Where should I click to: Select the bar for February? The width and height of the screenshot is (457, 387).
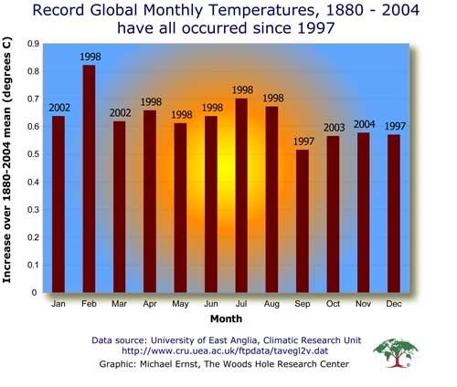click(x=89, y=179)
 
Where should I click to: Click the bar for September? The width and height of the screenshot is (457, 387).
click(x=303, y=221)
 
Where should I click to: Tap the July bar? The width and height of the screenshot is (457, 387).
click(x=241, y=195)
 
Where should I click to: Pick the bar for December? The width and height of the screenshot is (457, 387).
click(x=394, y=214)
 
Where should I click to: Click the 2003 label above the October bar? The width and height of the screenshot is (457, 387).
click(x=334, y=128)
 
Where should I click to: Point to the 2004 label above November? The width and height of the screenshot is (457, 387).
click(x=364, y=124)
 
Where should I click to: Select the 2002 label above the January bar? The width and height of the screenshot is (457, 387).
click(x=59, y=108)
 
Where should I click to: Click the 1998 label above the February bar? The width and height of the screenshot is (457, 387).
click(x=90, y=57)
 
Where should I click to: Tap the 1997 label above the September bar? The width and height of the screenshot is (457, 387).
click(x=303, y=141)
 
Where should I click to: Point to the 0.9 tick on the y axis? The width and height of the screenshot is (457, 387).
click(x=34, y=44)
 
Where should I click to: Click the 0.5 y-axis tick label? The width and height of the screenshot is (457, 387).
click(x=34, y=154)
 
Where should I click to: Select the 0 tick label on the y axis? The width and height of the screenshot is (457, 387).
click(x=34, y=292)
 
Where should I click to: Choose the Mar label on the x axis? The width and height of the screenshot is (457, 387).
click(x=119, y=304)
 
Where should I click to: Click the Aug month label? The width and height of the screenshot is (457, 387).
click(x=271, y=304)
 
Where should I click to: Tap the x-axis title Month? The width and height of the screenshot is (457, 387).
click(x=226, y=319)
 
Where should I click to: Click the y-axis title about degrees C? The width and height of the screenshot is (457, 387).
click(x=6, y=160)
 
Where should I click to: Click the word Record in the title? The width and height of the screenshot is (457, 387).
click(x=58, y=10)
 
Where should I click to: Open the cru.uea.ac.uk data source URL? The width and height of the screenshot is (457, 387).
click(x=225, y=350)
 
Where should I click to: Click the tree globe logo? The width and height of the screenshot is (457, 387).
click(x=396, y=353)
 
